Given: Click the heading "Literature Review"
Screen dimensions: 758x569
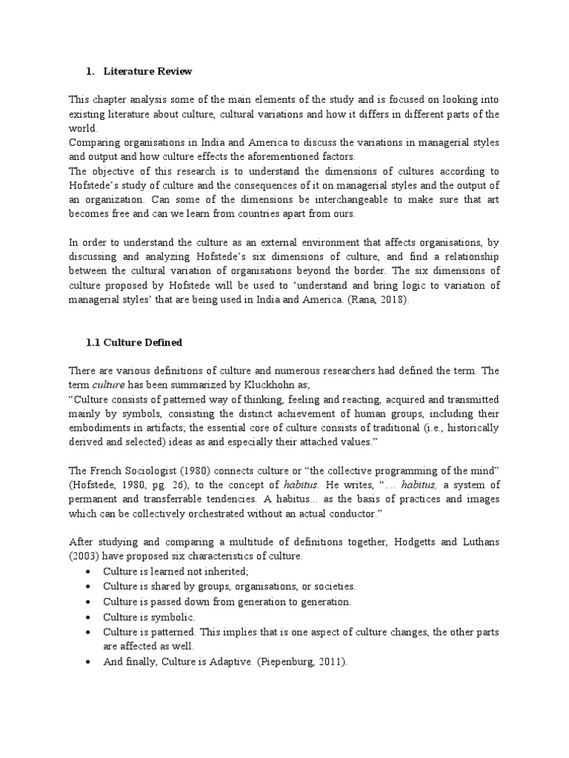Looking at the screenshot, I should (147, 72).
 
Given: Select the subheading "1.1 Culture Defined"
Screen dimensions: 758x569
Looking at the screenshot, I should (135, 343).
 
